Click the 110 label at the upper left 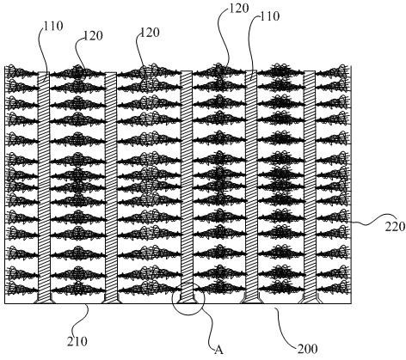coord(53,26)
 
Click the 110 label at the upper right coord(269,16)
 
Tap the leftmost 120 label coord(93,36)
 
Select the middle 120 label coord(150,33)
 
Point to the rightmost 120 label coord(239,9)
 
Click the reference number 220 coord(395,227)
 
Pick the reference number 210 coord(77,342)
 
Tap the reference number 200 coord(308,349)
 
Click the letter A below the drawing coord(218,350)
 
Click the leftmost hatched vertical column coord(44,186)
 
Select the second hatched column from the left coord(110,186)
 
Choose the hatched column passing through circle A coord(187,186)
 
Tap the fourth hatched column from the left coord(251,186)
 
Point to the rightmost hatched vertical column coord(310,186)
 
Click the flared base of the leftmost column coord(44,299)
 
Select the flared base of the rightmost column coord(310,299)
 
